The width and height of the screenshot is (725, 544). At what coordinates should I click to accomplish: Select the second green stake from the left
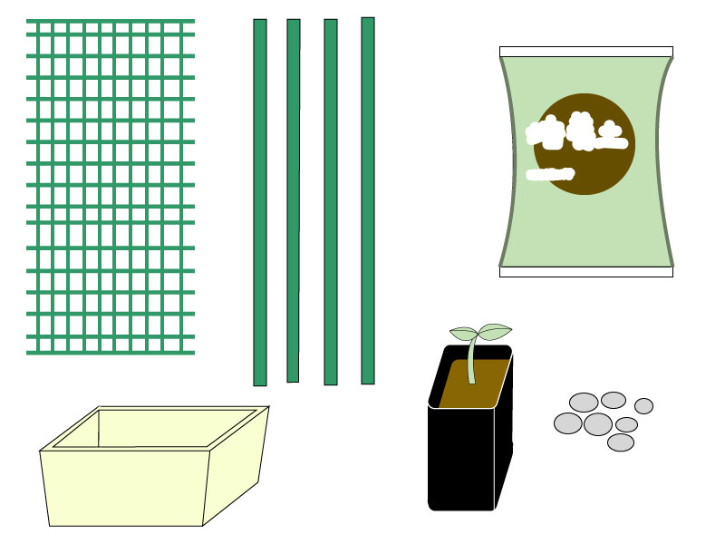pyautogui.click(x=294, y=200)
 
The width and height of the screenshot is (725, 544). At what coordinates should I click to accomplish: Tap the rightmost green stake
pyautogui.click(x=368, y=200)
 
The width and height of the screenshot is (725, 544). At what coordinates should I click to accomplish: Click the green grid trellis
pyautogui.click(x=111, y=186)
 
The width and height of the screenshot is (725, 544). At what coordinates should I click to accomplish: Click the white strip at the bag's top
pyautogui.click(x=586, y=52)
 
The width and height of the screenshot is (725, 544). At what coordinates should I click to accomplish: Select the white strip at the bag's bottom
pyautogui.click(x=586, y=271)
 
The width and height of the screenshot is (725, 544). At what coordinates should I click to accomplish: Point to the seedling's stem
pyautogui.click(x=471, y=363)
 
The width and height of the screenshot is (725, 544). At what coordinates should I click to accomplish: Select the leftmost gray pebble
pyautogui.click(x=568, y=423)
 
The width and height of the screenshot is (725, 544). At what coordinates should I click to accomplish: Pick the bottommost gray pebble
pyautogui.click(x=621, y=442)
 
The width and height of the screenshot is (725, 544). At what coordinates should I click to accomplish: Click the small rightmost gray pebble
pyautogui.click(x=643, y=405)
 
